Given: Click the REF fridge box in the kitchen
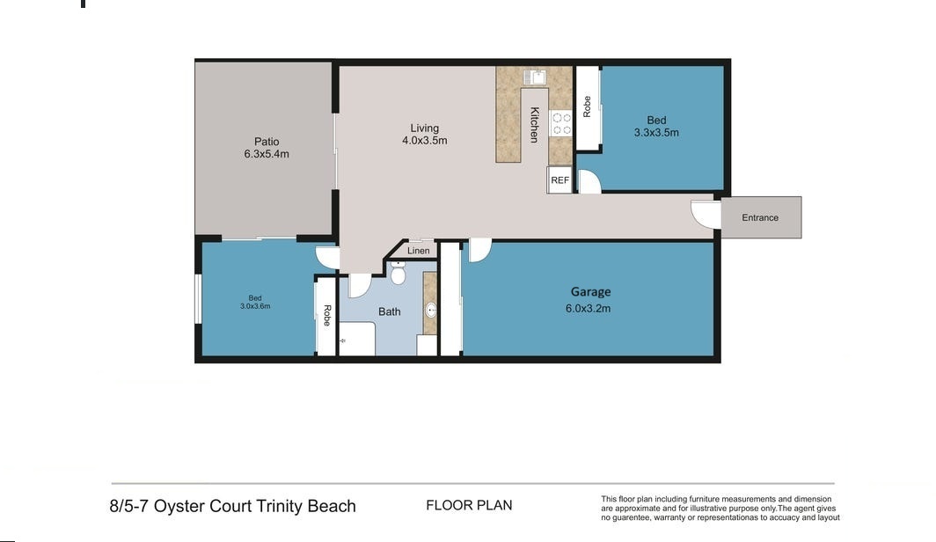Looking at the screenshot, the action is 559,179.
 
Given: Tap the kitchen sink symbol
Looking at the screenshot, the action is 535,77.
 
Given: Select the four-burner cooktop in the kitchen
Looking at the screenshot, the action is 561,124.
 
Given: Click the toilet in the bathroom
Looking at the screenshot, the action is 398,274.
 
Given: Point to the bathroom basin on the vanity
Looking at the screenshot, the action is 430,311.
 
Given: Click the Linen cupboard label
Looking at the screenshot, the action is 419,251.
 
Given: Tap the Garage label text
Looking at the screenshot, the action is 590,292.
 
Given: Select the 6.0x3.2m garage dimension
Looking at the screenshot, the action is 588,309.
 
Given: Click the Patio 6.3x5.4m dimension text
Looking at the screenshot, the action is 267,154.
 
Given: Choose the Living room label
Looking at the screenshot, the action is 424,128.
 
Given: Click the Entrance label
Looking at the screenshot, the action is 760,218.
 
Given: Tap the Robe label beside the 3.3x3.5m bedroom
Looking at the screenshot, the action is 587,106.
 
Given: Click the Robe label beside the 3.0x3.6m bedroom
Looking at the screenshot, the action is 327,315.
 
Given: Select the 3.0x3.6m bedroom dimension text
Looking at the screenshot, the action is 255,306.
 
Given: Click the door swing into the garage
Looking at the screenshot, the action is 480,250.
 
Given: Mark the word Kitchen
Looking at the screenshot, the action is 534,125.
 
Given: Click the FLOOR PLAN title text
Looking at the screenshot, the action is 469,506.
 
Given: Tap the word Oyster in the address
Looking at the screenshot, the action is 179,507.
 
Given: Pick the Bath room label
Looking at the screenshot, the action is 389,311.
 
